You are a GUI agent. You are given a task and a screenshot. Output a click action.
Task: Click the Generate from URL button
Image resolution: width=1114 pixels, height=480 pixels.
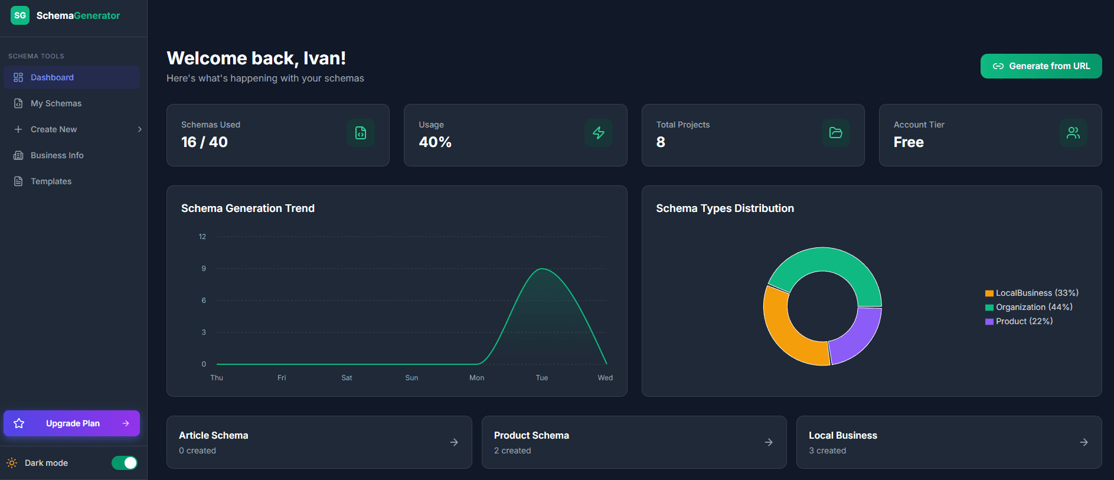pos(1041,66)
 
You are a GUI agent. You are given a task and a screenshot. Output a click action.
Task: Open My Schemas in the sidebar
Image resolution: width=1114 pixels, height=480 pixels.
pos(56,103)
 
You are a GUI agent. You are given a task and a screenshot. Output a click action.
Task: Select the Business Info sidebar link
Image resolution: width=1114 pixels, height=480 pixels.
pos(57,155)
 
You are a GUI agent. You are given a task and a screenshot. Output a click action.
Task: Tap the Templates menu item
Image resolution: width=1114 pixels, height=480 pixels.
pos(51,181)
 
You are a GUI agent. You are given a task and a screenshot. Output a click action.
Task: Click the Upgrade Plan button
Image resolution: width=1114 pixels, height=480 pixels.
pos(71,423)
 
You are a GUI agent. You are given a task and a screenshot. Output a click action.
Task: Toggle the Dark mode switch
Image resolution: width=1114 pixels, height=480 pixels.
pos(125,463)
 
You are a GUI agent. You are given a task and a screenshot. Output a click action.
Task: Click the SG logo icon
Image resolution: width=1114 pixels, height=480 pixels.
pos(20,15)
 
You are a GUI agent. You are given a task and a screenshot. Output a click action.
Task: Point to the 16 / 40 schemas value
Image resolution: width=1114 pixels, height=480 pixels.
pos(204,142)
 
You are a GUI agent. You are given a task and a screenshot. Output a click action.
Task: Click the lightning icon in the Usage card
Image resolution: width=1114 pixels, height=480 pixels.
pos(598,133)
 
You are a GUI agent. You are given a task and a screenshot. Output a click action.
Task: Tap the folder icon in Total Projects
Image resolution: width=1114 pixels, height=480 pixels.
pos(835,133)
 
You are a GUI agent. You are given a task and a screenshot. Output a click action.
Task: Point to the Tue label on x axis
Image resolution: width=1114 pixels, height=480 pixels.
pos(541,378)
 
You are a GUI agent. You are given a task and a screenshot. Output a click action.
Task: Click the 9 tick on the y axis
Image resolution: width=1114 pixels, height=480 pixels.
pos(204,269)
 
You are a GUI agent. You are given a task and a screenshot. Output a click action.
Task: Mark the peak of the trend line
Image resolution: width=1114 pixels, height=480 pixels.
pos(542,269)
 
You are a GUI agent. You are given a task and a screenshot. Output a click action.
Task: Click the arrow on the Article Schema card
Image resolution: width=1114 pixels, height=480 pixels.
pos(454,442)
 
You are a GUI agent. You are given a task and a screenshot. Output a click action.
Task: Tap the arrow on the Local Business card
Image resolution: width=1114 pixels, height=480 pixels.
pos(1083,442)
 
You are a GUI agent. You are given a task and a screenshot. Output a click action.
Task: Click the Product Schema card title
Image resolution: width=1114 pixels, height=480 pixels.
pos(531,435)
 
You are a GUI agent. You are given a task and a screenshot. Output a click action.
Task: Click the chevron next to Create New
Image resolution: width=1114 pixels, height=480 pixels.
pos(139,129)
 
